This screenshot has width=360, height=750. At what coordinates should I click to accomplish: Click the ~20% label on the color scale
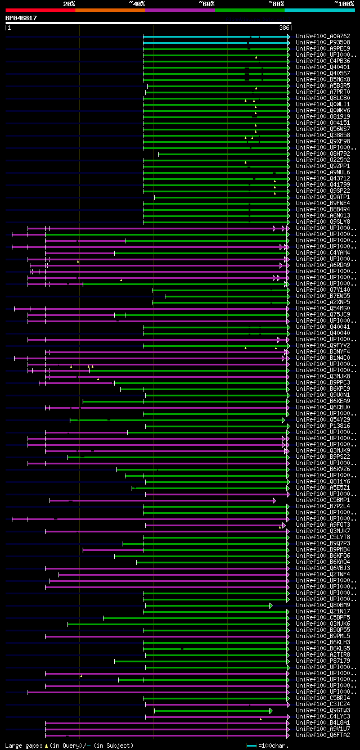(x=69, y=3)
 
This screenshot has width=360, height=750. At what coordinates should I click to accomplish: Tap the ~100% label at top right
(x=344, y=3)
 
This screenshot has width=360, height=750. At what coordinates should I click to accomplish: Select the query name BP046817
(x=21, y=18)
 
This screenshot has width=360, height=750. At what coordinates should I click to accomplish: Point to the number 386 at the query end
(x=284, y=28)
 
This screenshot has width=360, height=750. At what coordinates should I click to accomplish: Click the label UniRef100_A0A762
(x=323, y=36)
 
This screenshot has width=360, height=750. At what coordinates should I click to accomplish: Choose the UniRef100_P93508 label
(x=323, y=42)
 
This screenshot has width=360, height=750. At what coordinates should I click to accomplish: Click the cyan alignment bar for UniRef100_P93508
(x=214, y=42)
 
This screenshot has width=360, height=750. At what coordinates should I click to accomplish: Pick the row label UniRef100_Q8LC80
(x=323, y=98)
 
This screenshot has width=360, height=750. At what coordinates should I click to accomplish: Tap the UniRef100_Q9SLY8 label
(x=323, y=222)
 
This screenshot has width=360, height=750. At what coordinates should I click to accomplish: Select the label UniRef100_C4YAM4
(x=323, y=252)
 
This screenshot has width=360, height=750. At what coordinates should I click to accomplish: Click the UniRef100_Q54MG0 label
(x=323, y=308)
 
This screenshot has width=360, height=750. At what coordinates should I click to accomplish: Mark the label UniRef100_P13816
(x=323, y=426)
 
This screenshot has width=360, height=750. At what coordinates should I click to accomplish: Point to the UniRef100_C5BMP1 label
(x=323, y=500)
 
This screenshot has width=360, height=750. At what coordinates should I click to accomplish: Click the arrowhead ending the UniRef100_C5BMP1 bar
(x=274, y=500)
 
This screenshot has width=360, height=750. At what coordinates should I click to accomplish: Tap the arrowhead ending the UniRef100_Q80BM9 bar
(x=271, y=606)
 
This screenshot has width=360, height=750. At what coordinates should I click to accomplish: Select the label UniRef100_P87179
(x=323, y=661)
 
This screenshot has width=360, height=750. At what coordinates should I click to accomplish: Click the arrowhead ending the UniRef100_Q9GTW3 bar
(x=271, y=711)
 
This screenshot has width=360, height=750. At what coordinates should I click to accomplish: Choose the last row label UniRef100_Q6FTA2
(x=323, y=735)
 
